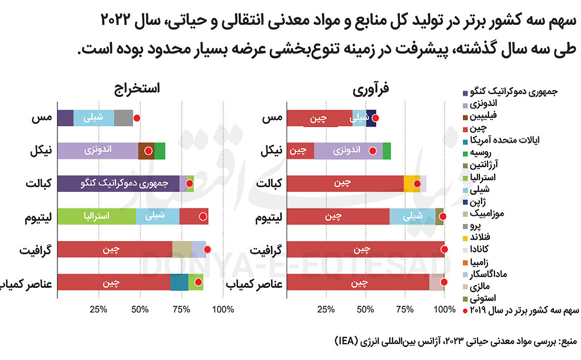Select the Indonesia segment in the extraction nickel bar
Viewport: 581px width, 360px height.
pos(97,151)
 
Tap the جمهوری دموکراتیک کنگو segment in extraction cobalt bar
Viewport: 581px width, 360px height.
pos(118,184)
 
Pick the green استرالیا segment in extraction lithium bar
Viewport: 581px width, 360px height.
pos(96,216)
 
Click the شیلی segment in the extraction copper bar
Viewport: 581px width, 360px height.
pos(93,118)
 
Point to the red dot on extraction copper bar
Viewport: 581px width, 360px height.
pos(137,118)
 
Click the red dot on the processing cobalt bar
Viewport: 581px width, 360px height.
pos(417,184)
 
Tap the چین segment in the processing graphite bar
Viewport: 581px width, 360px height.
pos(366,249)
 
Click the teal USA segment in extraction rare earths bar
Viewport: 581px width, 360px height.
pos(179,282)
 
